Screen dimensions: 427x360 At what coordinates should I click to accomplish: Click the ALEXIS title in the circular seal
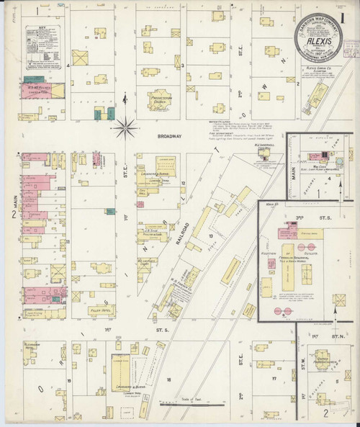tap(317, 41)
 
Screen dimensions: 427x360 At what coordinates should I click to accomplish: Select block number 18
tap(168, 378)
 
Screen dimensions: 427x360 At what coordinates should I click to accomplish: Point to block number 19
tap(68, 379)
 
